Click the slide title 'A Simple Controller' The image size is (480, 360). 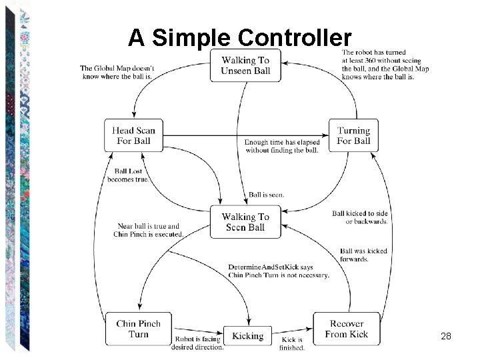tap(239, 37)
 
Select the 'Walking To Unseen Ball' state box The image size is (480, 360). tap(245, 65)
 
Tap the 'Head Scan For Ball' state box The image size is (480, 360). tap(133, 135)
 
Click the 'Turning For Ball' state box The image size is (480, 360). tap(353, 135)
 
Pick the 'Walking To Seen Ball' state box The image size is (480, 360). tap(245, 221)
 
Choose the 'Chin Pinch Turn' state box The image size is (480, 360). tap(138, 329)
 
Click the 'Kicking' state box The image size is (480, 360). tap(247, 336)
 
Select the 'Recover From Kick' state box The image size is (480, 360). tap(347, 329)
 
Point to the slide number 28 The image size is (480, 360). tap(446, 337)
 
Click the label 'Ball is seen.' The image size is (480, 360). tap(266, 195)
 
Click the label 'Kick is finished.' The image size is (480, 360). tap(292, 343)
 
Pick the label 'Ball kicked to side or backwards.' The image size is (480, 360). tap(361, 217)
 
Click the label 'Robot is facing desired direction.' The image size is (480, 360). tap(198, 343)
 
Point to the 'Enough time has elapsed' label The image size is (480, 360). tap(282, 142)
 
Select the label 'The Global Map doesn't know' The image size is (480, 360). tap(117, 68)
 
